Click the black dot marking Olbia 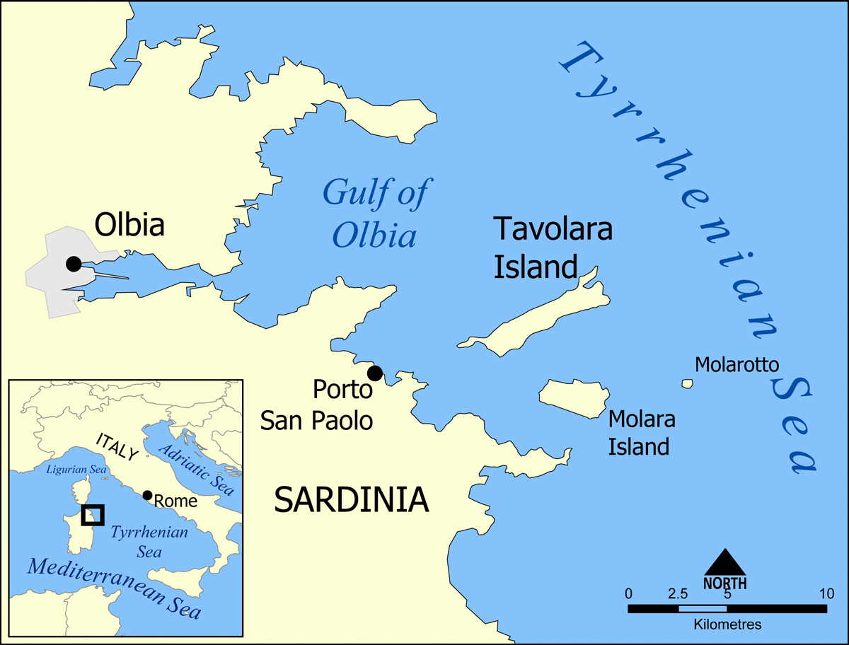click(74, 264)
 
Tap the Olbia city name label click(129, 225)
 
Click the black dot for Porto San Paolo click(375, 373)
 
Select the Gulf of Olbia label click(376, 213)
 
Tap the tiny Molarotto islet click(687, 383)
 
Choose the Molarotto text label click(737, 364)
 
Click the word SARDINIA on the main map click(351, 500)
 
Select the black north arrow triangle click(724, 563)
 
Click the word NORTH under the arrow click(724, 583)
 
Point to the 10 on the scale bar click(825, 593)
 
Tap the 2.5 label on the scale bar click(677, 593)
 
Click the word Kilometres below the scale click(727, 624)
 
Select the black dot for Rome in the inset click(147, 495)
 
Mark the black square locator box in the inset click(93, 515)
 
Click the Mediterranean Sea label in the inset click(113, 588)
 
